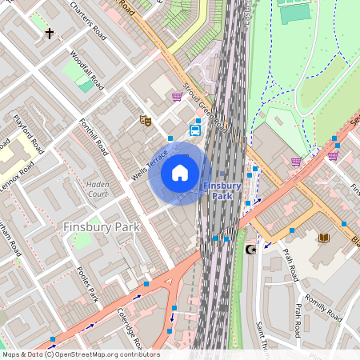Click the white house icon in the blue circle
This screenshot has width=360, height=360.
point(180,173)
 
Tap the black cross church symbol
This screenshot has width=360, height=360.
point(50,34)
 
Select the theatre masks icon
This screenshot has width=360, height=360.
point(146,121)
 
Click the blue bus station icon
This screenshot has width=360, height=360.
point(195,130)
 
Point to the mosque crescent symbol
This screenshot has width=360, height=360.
point(250,250)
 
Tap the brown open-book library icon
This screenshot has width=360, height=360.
point(323,238)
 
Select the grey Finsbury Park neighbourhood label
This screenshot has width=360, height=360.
point(101,226)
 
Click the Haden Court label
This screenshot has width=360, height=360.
point(98,189)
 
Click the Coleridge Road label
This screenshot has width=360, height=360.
point(128,328)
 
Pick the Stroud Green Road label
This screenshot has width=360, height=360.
point(205,107)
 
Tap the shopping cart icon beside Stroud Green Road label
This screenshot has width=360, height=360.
point(176,97)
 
